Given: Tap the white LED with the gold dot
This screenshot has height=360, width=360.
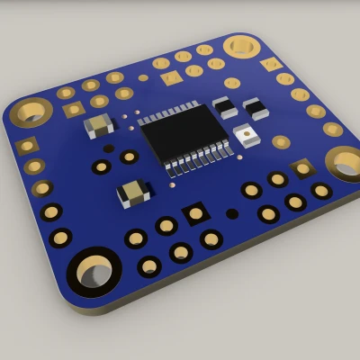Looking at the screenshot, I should (x=246, y=136).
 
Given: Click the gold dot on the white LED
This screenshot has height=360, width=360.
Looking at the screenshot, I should (x=247, y=136).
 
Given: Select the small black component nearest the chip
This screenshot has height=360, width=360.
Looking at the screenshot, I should (x=224, y=106).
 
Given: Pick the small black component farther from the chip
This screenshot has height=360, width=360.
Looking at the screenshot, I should (x=255, y=108).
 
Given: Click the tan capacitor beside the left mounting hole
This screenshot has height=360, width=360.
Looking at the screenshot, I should (x=98, y=125).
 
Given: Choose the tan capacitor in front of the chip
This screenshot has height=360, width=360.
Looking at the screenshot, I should (x=133, y=191).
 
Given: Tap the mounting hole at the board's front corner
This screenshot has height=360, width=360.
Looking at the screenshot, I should (x=94, y=270).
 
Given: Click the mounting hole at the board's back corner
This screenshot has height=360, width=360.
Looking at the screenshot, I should (x=241, y=45).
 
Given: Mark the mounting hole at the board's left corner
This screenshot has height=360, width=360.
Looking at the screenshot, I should (x=31, y=112).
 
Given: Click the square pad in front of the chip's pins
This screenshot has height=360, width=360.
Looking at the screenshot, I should (x=195, y=213).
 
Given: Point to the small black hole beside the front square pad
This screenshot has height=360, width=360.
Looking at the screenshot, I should (x=232, y=214).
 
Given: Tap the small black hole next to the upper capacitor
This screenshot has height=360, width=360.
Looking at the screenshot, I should (x=109, y=148).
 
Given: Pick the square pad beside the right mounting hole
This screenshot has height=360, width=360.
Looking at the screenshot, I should (x=303, y=167).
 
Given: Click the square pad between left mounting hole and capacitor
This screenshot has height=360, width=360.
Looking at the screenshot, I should (x=74, y=109).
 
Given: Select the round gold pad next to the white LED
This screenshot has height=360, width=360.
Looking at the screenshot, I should (x=281, y=141).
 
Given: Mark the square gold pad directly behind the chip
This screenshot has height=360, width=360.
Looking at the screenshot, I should (x=171, y=78).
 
